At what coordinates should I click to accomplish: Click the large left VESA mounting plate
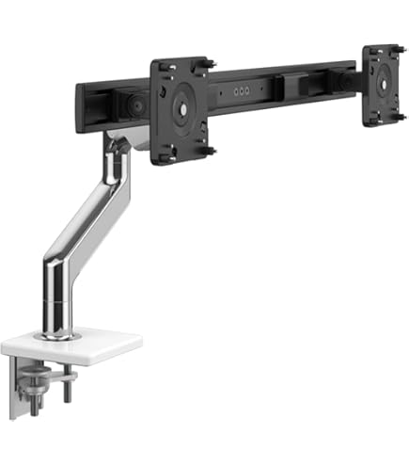(x=180, y=108)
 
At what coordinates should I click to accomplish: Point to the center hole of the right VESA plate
(x=384, y=84)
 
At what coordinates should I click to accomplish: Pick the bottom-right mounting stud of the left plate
(x=210, y=150)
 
